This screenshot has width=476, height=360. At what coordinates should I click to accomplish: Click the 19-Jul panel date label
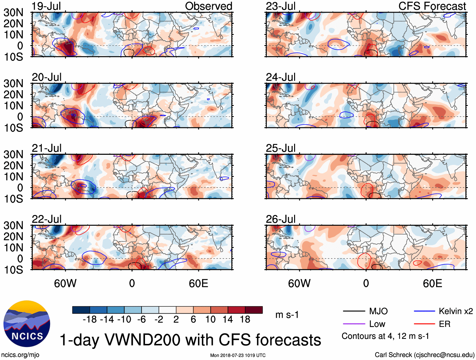click(x=46, y=6)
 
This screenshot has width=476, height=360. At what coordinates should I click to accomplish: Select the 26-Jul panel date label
click(x=281, y=219)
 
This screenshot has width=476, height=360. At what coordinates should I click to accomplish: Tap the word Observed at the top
click(x=208, y=6)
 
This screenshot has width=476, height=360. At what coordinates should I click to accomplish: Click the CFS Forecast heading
click(x=432, y=6)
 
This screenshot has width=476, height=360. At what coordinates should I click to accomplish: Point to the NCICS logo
click(x=27, y=324)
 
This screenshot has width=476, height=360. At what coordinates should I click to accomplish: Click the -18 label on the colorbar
click(x=90, y=320)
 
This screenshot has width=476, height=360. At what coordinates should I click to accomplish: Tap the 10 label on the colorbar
click(x=210, y=320)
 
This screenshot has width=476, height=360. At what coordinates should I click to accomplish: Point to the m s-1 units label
click(x=287, y=315)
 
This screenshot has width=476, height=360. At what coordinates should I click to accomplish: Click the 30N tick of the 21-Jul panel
click(x=13, y=154)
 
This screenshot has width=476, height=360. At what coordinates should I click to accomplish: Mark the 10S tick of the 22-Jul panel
click(x=13, y=270)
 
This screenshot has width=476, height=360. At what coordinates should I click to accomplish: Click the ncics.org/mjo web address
click(x=20, y=355)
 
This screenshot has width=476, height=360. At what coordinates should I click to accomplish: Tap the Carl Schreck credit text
click(x=424, y=355)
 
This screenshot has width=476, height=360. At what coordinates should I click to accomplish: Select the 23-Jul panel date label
click(x=281, y=6)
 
